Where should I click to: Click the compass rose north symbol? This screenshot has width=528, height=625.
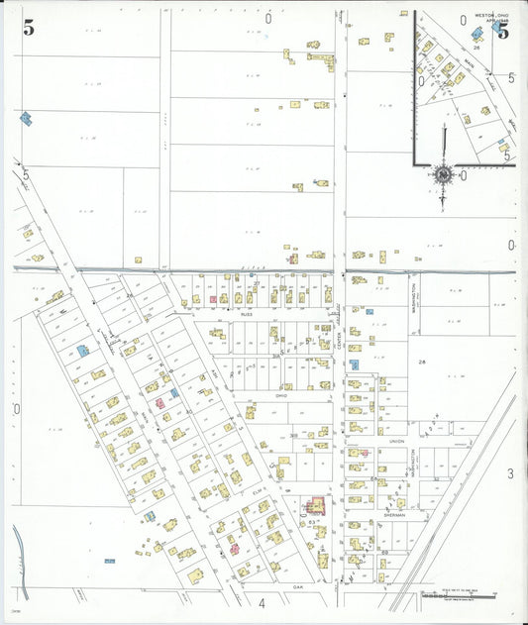(442, 176)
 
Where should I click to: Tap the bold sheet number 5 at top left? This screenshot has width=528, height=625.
(30, 28)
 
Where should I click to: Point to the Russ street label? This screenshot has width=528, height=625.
(246, 311)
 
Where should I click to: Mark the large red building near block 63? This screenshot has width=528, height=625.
(318, 506)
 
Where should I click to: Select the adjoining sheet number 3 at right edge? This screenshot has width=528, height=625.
(511, 473)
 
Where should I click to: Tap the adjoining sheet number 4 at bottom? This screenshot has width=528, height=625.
(263, 602)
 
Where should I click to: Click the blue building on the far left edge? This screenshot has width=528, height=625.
(26, 118)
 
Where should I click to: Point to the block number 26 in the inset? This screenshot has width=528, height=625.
(476, 47)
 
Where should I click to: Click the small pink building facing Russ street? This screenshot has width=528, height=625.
(213, 298)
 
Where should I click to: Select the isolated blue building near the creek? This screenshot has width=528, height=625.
(109, 562)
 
